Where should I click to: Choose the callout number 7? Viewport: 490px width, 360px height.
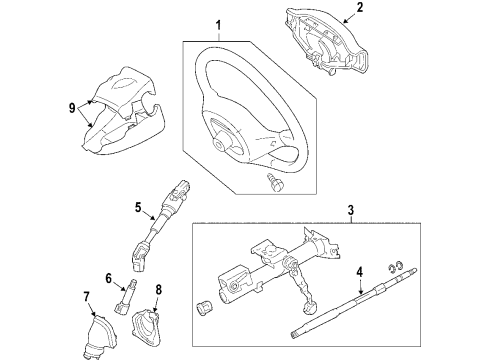[86, 297]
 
